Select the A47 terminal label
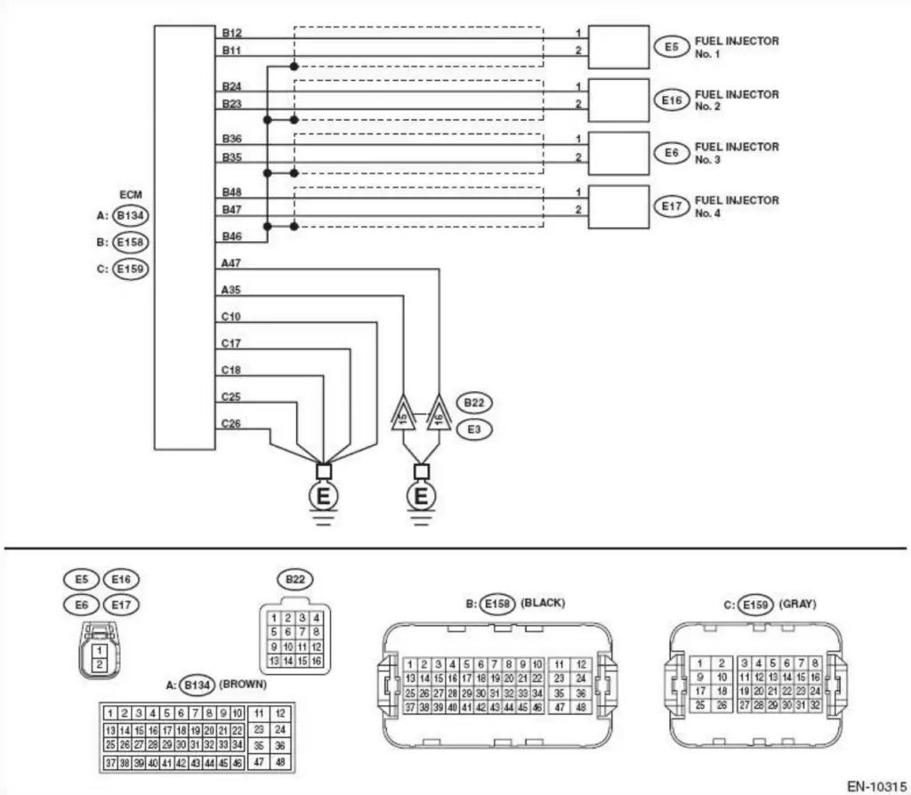231,263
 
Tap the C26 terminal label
231,423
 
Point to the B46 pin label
231,237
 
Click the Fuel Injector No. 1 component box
618,47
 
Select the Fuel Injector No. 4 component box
618,206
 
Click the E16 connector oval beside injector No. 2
671,100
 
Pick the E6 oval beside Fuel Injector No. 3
671,153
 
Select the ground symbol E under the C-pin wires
324,494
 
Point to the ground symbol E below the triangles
421,494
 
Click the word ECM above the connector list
131,193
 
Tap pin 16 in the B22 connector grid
316,662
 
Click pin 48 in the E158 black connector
580,708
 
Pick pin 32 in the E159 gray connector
814,704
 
